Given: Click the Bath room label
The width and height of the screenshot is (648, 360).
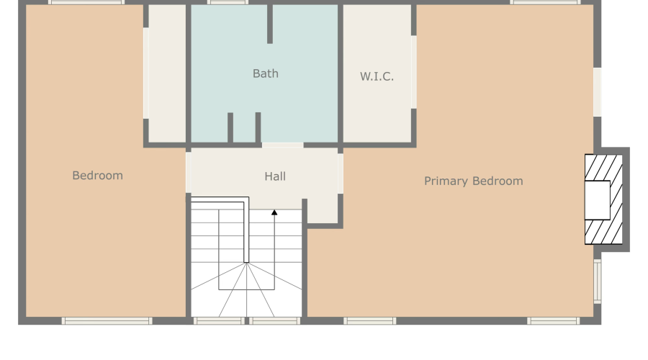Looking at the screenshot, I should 265,73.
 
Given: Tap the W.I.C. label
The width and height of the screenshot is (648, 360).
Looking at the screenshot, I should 377,76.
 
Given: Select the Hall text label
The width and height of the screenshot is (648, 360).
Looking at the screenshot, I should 275,176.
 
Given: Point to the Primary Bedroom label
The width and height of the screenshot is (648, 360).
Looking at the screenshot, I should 473,181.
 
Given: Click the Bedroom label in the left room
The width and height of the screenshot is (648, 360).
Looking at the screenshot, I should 97,176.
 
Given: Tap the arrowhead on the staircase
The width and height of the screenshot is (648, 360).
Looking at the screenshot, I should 274,212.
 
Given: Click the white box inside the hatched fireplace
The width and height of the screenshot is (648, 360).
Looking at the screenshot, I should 597,200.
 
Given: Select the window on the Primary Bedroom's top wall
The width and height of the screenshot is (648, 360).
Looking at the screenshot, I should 545,3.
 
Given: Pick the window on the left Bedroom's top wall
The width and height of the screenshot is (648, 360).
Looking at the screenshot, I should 86,3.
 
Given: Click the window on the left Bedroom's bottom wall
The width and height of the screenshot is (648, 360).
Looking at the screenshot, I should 107,320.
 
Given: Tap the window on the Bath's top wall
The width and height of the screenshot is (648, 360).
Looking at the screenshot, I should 228,3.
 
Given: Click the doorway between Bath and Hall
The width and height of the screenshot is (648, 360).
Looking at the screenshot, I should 282,145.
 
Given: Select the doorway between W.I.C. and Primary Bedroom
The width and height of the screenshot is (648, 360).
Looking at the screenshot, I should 414,72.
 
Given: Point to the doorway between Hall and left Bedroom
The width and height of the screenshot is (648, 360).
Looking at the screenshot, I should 189,172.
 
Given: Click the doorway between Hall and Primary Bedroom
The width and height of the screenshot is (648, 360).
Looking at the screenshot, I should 340,174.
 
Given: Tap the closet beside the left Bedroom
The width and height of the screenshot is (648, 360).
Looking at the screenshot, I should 167,72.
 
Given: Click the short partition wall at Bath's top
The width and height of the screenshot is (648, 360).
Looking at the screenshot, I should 270,24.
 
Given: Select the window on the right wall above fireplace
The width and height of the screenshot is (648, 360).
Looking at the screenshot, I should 597,91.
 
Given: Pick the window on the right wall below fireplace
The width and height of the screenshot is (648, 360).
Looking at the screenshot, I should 597,281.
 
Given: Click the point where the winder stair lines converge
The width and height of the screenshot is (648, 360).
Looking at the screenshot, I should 246,263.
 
